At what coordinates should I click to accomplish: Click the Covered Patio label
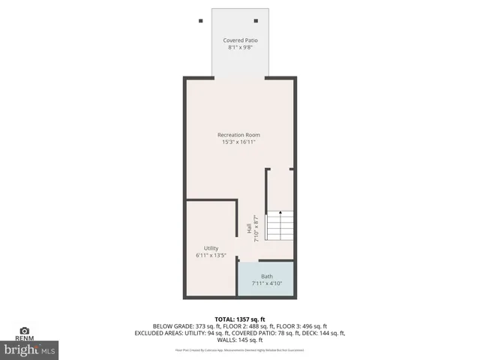(x=239, y=40)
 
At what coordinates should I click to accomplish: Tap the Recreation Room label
(x=239, y=135)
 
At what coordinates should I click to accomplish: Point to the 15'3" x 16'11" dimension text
(x=239, y=142)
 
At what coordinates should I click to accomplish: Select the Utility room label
(x=211, y=248)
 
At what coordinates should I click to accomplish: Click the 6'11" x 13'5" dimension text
(x=211, y=256)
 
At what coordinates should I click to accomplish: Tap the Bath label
(x=266, y=276)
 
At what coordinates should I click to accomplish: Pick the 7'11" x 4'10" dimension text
(x=266, y=283)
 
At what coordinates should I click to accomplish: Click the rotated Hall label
(x=248, y=229)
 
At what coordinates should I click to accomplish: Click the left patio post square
(x=200, y=20)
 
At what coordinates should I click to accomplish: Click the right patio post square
(x=256, y=20)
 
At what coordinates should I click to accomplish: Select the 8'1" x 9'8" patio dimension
(x=239, y=48)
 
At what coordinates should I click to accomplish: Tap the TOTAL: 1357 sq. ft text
(x=240, y=319)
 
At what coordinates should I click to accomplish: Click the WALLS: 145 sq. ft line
(x=240, y=340)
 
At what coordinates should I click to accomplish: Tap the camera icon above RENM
(x=24, y=330)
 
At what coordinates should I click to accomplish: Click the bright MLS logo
(x=30, y=349)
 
